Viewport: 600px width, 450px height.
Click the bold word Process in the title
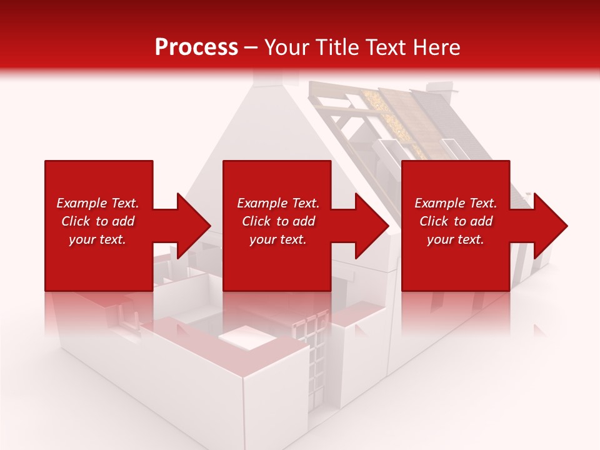[196, 47]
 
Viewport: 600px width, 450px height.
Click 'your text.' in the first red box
[97, 239]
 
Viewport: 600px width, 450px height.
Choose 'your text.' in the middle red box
[277, 239]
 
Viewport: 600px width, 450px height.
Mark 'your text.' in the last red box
[456, 239]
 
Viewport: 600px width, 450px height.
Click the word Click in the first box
[76, 221]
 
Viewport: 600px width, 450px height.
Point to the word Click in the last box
[434, 221]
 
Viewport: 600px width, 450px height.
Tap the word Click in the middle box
[256, 221]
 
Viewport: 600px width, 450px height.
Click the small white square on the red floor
[246, 338]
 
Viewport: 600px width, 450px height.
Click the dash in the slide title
[251, 48]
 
